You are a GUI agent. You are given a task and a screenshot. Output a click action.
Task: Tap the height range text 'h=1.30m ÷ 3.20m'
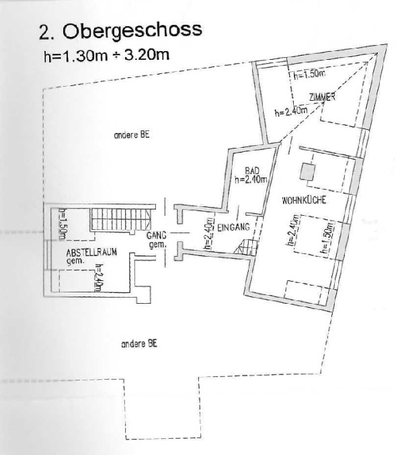coord(106,55)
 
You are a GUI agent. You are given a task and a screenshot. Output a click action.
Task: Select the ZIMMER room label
coord(322,97)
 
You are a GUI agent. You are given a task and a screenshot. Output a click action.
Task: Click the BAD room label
coord(252,171)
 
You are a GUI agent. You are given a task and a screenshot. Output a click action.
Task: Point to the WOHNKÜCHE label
coord(304,200)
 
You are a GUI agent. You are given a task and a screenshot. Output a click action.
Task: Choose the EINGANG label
coord(233,227)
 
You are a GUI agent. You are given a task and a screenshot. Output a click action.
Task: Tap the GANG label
coord(157,235)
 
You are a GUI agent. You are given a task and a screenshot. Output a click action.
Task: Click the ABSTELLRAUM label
coord(91,252)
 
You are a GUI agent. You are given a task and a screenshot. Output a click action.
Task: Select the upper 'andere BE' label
coord(132,135)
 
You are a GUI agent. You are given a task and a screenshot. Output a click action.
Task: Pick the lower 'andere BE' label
coord(139,344)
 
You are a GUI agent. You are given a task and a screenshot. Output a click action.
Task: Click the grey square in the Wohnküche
coord(307,171)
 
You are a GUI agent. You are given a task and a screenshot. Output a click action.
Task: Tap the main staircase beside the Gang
coord(121,219)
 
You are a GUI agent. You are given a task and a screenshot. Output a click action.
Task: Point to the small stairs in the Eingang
coord(247,247)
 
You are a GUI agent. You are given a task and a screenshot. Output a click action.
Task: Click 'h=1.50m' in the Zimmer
coord(309,75)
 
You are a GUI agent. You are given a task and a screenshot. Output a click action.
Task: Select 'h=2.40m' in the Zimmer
coord(291,112)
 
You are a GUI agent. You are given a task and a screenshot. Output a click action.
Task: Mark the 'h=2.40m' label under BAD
coord(251,179)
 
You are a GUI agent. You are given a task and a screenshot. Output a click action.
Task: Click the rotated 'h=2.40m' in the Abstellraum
coord(98,277)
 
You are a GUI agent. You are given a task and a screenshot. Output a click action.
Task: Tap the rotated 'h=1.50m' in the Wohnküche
coord(327,238)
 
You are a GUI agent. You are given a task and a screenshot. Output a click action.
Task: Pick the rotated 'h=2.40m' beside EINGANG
coord(208,234)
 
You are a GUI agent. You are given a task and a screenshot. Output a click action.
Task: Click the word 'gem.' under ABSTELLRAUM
coord(75,261)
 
